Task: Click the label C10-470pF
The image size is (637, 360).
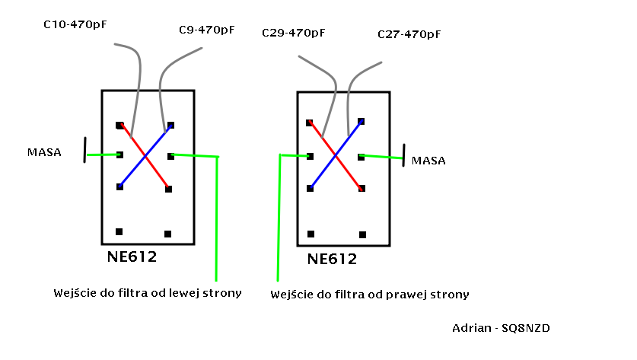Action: click(75, 25)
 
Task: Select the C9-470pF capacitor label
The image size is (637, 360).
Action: click(206, 30)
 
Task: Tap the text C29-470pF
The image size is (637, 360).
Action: click(293, 33)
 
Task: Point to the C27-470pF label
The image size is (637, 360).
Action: click(409, 34)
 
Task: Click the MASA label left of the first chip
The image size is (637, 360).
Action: click(43, 153)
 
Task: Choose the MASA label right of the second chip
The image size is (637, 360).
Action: click(428, 161)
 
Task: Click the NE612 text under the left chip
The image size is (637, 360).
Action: click(133, 257)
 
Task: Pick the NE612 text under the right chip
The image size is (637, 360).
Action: click(333, 260)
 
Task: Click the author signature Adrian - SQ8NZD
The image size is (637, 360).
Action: click(501, 328)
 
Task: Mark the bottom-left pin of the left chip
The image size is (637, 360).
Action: click(119, 231)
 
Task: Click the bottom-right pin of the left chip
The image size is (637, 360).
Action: click(167, 234)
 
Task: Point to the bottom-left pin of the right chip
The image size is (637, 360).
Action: click(311, 234)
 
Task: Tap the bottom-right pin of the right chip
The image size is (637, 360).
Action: click(363, 234)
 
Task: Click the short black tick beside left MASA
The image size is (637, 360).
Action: click(84, 149)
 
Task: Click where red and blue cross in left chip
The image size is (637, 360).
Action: click(145, 157)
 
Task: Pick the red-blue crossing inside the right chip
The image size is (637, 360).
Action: click(336, 156)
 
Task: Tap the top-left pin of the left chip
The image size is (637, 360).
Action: click(119, 125)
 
